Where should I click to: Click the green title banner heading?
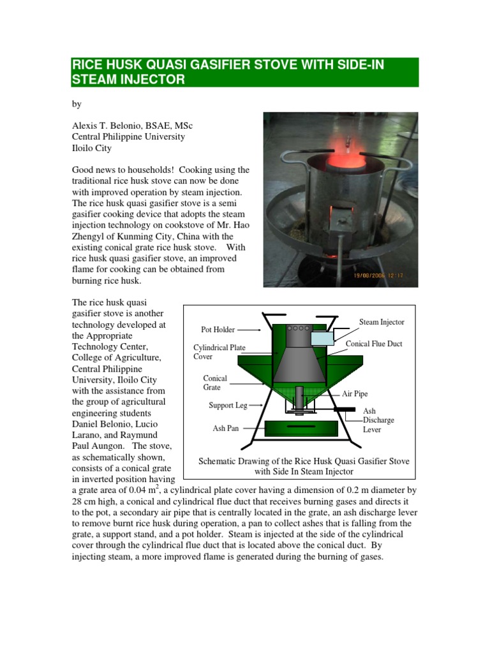pyautogui.click(x=244, y=72)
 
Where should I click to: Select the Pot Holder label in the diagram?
pyautogui.click(x=218, y=330)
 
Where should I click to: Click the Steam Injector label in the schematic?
pyautogui.click(x=381, y=322)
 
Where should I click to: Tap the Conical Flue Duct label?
pyautogui.click(x=374, y=344)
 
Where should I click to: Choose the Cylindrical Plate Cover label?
pyautogui.click(x=219, y=353)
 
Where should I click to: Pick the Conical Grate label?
pyautogui.click(x=215, y=383)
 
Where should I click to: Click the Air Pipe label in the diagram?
pyautogui.click(x=355, y=394)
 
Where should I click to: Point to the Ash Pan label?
pyautogui.click(x=225, y=428)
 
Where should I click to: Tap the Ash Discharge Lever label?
pyautogui.click(x=378, y=420)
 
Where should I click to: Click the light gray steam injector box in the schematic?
pyautogui.click(x=323, y=338)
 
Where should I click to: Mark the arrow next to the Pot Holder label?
pyautogui.click(x=248, y=330)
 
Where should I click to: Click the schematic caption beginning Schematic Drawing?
pyautogui.click(x=304, y=466)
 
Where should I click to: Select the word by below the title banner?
pyautogui.click(x=77, y=103)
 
